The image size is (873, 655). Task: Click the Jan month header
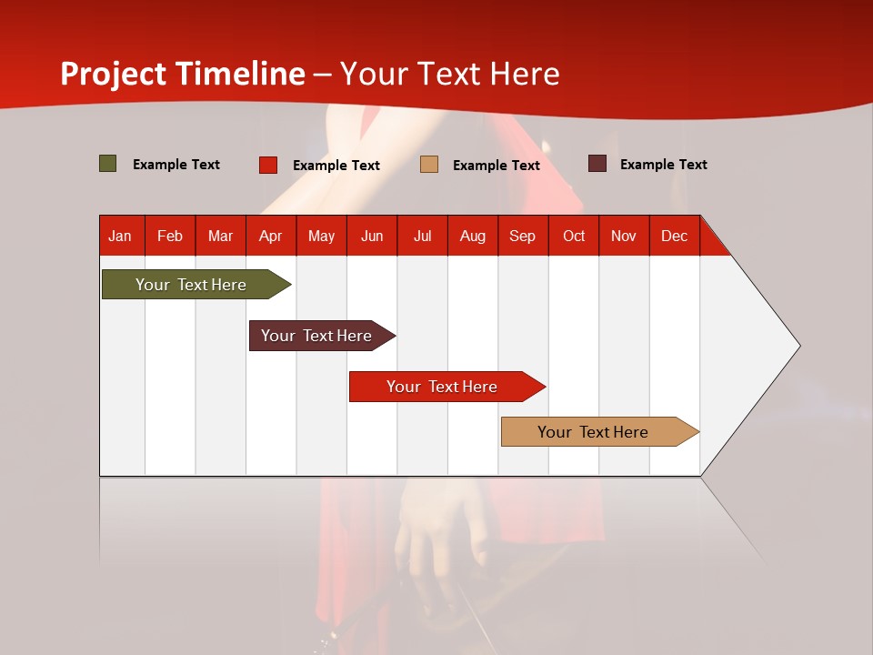[x=120, y=236]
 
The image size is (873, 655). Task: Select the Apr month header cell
[x=270, y=236]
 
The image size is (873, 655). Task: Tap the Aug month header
[x=472, y=236]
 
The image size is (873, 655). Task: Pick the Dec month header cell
[x=674, y=236]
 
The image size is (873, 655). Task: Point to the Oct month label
[x=573, y=236]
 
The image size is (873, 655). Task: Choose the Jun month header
[x=371, y=236]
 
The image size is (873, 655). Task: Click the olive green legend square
[x=107, y=164]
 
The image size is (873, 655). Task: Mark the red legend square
[x=268, y=165]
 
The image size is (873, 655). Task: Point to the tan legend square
[x=429, y=165]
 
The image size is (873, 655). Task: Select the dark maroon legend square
[x=597, y=164]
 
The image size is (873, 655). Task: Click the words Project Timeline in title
[x=182, y=74]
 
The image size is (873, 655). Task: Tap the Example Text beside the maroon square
[x=663, y=164]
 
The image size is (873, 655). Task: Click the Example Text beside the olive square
[x=176, y=164]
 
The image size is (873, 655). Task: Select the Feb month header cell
[x=170, y=236]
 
